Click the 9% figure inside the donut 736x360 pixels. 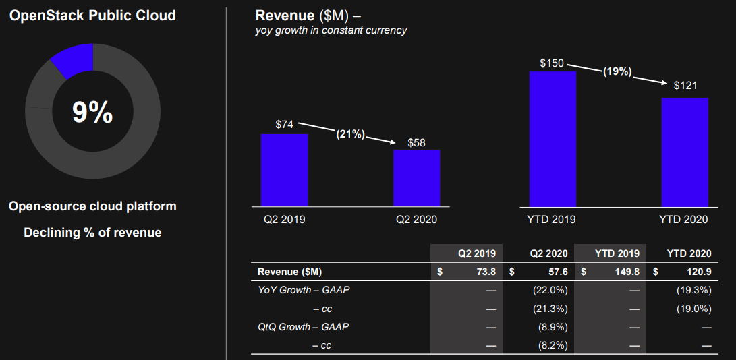[92, 113]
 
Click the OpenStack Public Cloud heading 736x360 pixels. [92, 15]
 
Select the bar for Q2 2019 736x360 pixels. [284, 170]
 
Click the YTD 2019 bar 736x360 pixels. [553, 138]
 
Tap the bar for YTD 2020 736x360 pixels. [685, 152]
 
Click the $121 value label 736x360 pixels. [685, 86]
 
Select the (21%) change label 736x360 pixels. [350, 134]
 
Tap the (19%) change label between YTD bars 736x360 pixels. [617, 71]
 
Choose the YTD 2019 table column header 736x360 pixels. [616, 253]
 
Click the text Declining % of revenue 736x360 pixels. [92, 233]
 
